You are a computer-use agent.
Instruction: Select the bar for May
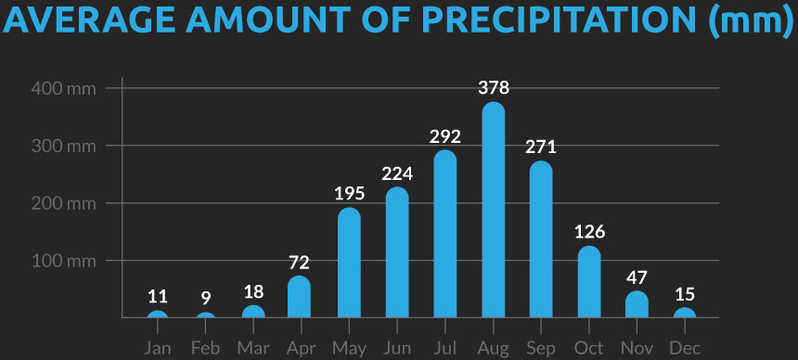pos(349,264)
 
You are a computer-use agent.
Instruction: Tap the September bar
pos(541,240)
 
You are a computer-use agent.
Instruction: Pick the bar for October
pos(589,282)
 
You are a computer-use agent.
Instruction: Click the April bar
pos(300,297)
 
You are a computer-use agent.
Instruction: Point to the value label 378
pos(494,88)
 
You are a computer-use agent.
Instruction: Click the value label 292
pos(445,136)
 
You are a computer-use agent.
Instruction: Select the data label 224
pos(397,174)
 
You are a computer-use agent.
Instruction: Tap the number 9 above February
pos(206,298)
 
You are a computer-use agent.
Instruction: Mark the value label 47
pos(637,276)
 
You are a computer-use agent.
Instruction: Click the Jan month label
pos(158,348)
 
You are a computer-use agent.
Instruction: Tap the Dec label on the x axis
pos(685,348)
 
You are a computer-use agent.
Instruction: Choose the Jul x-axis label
pos(445,348)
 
